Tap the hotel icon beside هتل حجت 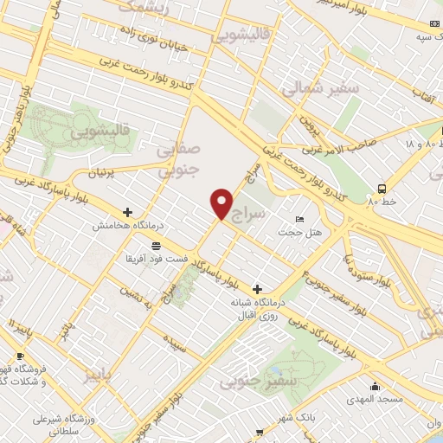click(299, 219)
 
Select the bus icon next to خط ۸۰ click(382, 189)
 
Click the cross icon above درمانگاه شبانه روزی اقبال click(257, 288)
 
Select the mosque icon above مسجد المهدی click(375, 386)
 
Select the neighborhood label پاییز click(98, 375)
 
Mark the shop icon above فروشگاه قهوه click(21, 356)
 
